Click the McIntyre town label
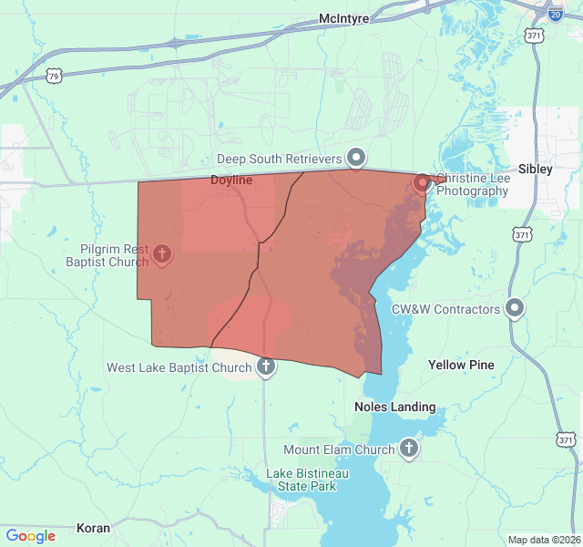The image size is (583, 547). click(x=342, y=18)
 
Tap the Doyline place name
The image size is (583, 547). click(x=231, y=181)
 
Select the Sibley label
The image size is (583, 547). click(x=535, y=169)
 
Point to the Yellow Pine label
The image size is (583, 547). click(x=461, y=365)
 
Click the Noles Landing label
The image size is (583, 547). click(x=394, y=407)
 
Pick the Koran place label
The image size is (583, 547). click(x=93, y=528)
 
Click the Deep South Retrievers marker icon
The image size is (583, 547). click(x=357, y=158)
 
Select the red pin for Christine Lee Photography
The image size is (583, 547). click(x=423, y=182)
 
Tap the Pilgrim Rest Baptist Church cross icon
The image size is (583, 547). click(x=163, y=253)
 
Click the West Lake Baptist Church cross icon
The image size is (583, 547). click(x=265, y=367)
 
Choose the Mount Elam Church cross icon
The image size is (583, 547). click(x=409, y=449)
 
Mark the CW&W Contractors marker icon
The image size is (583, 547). click(x=515, y=308)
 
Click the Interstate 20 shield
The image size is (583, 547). click(x=555, y=13)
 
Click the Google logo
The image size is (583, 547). click(x=31, y=536)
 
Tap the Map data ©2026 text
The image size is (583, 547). click(x=543, y=540)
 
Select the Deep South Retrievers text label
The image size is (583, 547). click(x=279, y=160)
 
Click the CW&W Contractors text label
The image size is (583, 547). click(x=446, y=309)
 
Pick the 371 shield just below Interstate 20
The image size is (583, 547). click(x=534, y=35)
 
